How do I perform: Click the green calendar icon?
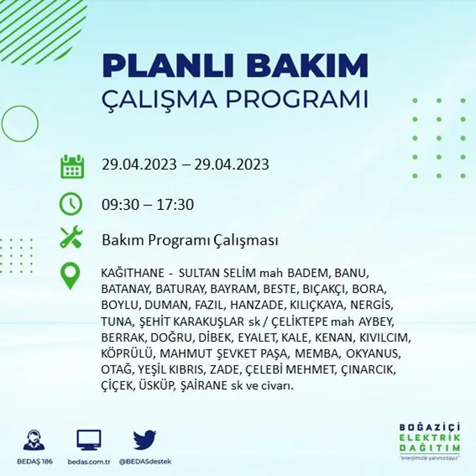click(71, 167)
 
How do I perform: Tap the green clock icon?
click(71, 204)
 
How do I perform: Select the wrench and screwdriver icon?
click(71, 237)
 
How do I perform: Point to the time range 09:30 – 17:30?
click(148, 205)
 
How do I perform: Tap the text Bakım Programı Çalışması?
click(190, 240)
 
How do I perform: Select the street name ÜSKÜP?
click(154, 387)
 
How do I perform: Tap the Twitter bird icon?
click(144, 440)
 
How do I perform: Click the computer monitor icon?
click(89, 440)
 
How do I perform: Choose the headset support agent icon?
click(34, 440)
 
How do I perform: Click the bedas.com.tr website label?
click(89, 461)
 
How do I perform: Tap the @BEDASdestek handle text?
click(144, 461)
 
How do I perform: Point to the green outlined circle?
click(20, 123)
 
